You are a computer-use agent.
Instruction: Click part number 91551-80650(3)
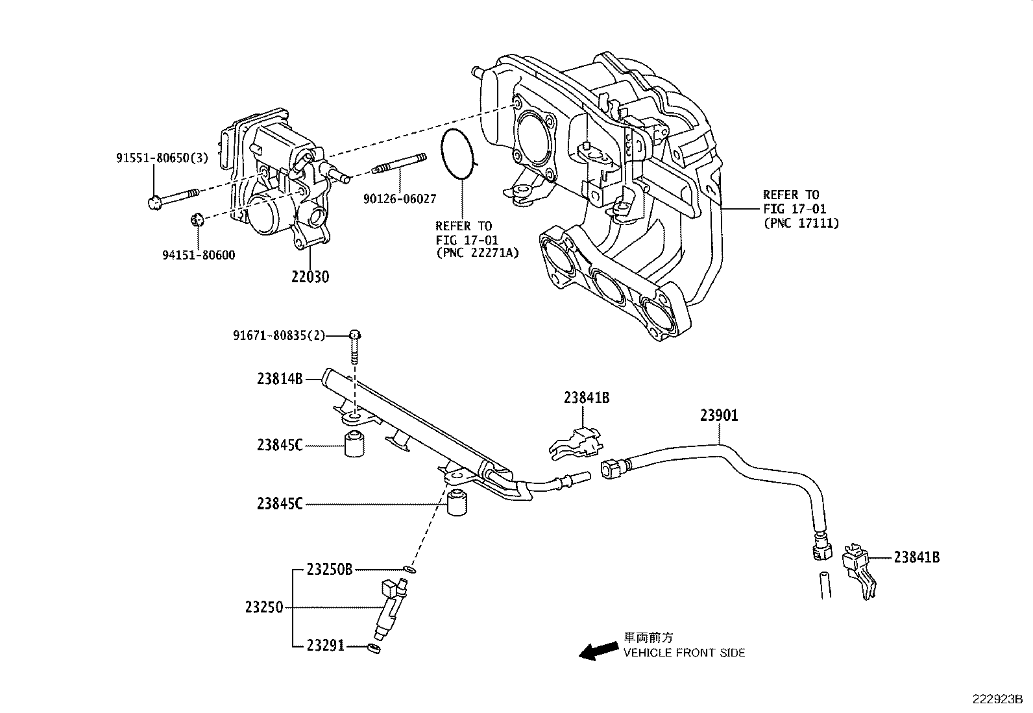tap(162, 158)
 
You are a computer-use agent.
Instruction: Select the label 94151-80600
tap(199, 255)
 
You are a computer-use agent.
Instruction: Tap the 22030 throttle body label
tap(310, 277)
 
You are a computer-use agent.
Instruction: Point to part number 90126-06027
tap(399, 199)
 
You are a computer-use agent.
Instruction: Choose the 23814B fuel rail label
tap(280, 379)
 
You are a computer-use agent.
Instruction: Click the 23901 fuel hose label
tap(718, 415)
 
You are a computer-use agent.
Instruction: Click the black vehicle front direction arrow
tap(598, 651)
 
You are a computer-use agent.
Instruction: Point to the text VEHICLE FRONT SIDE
tap(684, 653)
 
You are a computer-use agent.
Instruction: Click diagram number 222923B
tap(997, 699)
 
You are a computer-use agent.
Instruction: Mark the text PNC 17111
tap(801, 223)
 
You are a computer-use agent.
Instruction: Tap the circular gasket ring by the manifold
tap(459, 154)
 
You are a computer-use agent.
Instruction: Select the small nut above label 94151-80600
tap(199, 219)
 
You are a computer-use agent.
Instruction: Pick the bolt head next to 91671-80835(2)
tap(355, 335)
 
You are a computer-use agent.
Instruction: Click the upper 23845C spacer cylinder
tap(354, 444)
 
